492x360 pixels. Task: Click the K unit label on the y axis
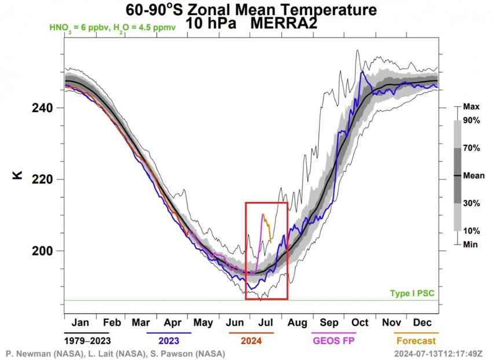coord(17,173)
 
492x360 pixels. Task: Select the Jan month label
coord(80,322)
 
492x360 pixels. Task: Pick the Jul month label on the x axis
coord(267,322)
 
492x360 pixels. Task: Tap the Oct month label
coord(360,322)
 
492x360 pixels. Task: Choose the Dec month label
coord(423,322)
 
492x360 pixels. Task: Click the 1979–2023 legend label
coord(89,341)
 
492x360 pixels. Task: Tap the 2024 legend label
coord(251,341)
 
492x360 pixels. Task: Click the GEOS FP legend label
coord(334,341)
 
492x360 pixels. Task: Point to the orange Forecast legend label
coord(414,341)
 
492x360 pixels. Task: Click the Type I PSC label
coord(412,294)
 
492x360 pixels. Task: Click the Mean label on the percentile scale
coord(474,175)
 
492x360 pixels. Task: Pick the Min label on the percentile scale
coord(471,244)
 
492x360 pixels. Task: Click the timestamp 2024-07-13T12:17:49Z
coord(437,352)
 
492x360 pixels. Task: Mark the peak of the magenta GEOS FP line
coord(263,214)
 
